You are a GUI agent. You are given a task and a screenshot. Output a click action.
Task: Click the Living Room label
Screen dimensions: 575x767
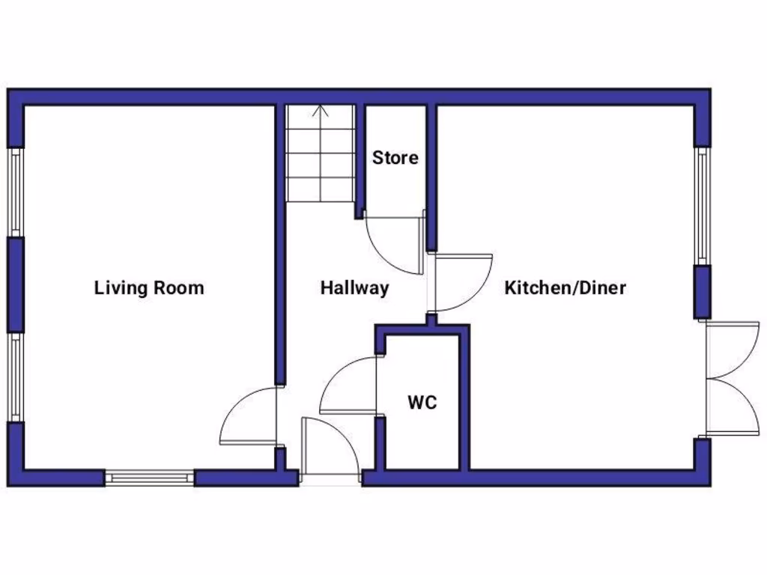tap(148, 288)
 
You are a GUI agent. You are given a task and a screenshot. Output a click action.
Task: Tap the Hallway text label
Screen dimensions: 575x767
tap(354, 288)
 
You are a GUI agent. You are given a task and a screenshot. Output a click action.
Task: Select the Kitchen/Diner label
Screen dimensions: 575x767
tap(565, 288)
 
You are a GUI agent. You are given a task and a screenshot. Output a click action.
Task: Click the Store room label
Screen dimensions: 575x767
tap(395, 159)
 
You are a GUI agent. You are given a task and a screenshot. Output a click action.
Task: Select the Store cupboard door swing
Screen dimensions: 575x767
tap(393, 243)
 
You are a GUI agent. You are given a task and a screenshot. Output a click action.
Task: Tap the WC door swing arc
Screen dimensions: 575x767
tap(347, 386)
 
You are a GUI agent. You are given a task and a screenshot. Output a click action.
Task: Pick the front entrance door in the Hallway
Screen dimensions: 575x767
tap(330, 446)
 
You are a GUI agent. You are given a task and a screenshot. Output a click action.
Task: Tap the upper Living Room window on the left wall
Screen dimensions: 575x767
tap(15, 192)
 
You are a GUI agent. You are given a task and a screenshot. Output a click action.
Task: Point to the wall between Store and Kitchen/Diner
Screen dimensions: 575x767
tap(431, 176)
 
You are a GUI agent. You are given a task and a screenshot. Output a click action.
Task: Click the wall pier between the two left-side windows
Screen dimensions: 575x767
tap(15, 285)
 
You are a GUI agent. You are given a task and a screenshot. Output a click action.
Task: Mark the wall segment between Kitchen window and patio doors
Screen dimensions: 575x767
tap(702, 292)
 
